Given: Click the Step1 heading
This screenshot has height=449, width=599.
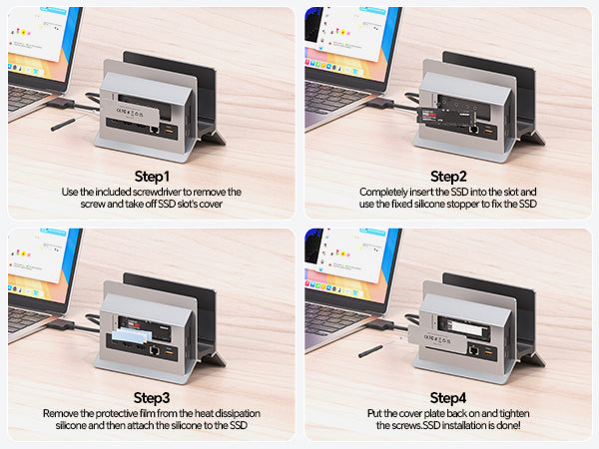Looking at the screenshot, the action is (x=152, y=177).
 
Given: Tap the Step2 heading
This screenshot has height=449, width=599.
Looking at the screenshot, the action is (x=448, y=177).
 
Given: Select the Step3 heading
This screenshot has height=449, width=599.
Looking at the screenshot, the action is (x=152, y=398).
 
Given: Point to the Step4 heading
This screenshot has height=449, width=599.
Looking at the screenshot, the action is (x=448, y=398).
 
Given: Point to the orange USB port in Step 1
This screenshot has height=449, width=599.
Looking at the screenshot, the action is (x=170, y=132).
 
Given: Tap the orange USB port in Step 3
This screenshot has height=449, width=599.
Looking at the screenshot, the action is (x=170, y=351).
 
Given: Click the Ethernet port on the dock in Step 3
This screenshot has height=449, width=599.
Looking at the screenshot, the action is (x=155, y=349).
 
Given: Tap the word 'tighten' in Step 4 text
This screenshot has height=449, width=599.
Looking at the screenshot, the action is (x=514, y=413).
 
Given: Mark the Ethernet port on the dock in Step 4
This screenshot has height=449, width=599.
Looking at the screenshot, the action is (x=473, y=349).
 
